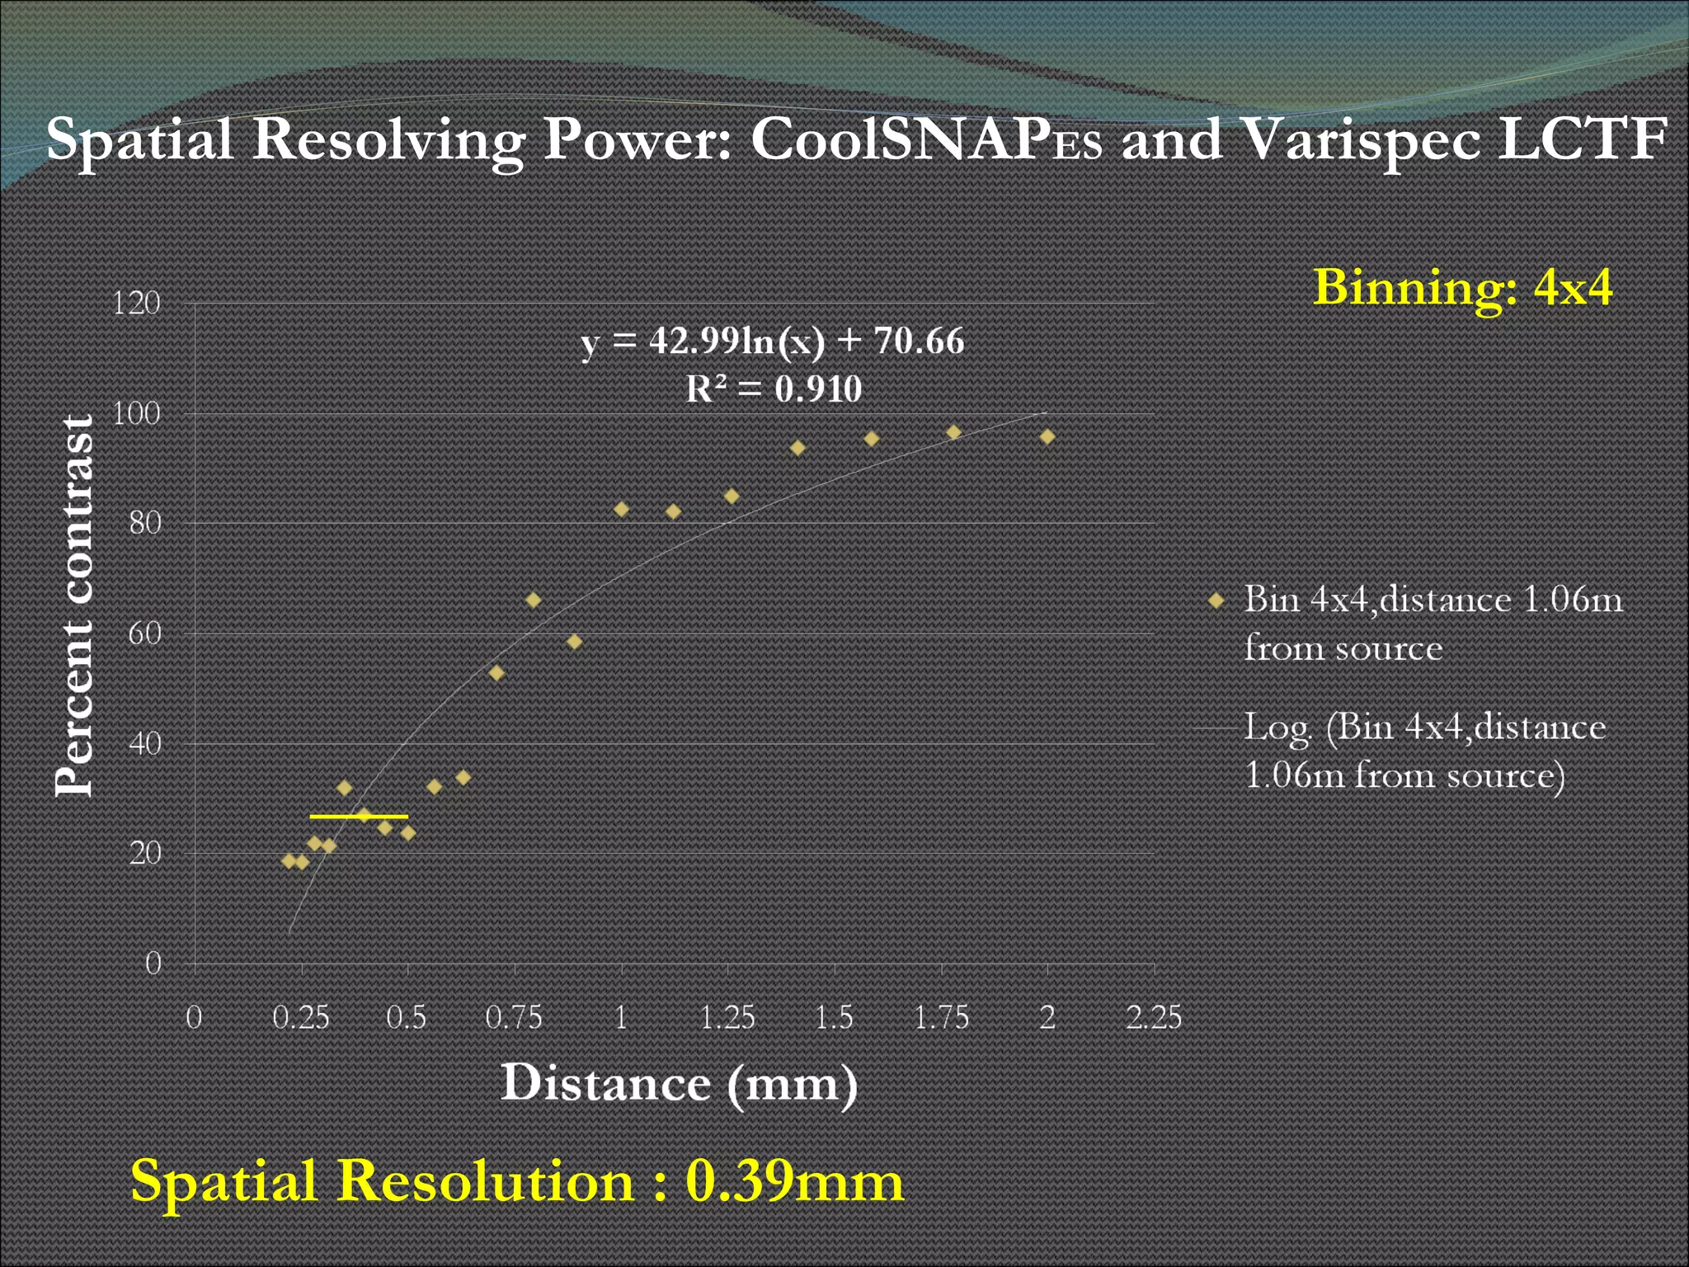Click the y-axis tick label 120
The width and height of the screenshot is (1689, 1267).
(x=136, y=304)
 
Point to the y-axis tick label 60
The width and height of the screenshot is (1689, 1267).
(x=144, y=633)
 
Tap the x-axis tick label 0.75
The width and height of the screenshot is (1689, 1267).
(x=514, y=1017)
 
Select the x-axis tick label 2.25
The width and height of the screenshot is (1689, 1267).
(x=1154, y=1017)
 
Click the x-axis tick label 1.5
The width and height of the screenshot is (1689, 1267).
(x=834, y=1017)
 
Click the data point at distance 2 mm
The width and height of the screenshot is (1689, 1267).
(x=1047, y=436)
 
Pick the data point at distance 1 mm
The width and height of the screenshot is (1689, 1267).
(x=622, y=510)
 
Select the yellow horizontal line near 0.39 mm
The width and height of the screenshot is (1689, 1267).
(x=359, y=817)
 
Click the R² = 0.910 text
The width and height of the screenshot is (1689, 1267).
(x=774, y=389)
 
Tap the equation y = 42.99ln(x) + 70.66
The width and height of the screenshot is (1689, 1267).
(x=773, y=341)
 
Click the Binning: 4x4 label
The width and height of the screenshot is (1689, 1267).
(x=1462, y=288)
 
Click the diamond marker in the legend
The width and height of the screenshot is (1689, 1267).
(x=1216, y=601)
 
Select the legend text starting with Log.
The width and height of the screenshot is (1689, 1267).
(x=1423, y=751)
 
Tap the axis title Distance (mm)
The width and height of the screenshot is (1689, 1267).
(x=679, y=1083)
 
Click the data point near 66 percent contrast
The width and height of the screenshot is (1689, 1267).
(x=534, y=600)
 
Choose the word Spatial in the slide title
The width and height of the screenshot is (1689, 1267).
(x=139, y=139)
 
